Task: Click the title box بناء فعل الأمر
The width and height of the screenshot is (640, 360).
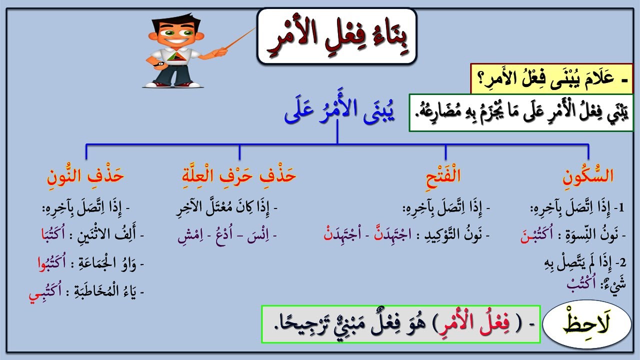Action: click(336, 36)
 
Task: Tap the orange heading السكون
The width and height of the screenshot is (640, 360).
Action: click(588, 176)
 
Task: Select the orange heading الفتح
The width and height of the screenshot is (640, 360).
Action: click(445, 176)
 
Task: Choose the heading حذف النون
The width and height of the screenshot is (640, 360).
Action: click(85, 176)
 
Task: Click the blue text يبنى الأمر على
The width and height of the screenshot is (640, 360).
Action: click(339, 114)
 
